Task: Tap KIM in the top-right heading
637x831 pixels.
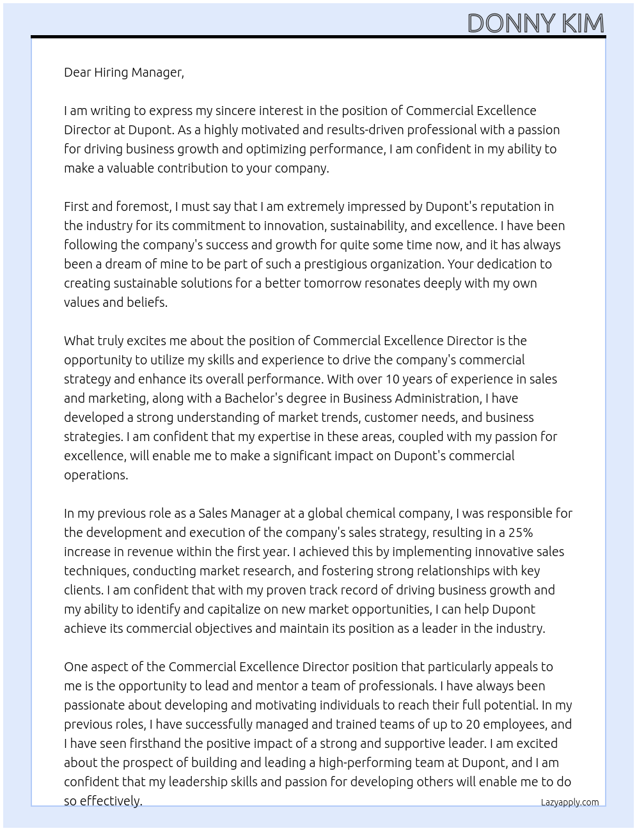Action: click(x=583, y=24)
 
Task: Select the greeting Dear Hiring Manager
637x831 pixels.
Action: click(x=123, y=72)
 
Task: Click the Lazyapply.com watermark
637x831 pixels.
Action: click(x=570, y=802)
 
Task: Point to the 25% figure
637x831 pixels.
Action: click(x=519, y=532)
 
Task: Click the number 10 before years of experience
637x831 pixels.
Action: click(x=392, y=379)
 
